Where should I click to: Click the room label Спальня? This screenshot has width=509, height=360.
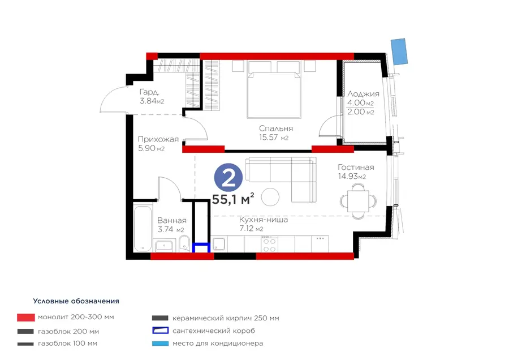276,128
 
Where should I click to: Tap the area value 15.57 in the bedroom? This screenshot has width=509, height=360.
269,138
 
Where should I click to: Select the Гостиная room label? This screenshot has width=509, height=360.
356,168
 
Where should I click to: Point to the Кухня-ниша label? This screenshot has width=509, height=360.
263,220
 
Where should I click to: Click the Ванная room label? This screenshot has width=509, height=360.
172,221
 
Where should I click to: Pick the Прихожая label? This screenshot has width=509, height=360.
158,139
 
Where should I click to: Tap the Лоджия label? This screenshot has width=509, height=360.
363,94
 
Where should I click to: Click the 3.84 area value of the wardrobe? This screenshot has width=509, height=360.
148,101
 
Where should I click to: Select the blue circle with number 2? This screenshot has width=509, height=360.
228,178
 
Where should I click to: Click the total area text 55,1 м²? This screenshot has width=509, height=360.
233,199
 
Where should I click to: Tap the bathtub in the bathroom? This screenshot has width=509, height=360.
143,229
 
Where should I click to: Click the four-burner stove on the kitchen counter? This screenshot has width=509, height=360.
269,245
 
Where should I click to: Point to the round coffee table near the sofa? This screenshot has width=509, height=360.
270,197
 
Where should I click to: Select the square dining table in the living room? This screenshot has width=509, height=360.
358,201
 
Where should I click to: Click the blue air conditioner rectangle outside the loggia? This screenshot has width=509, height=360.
399,52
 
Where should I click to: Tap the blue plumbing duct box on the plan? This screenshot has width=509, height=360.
201,247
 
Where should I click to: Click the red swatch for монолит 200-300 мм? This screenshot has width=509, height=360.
26,318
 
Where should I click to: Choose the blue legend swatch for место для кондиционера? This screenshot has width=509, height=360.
161,344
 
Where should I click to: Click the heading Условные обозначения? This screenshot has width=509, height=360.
76,301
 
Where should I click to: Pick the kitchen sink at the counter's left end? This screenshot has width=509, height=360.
219,244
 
